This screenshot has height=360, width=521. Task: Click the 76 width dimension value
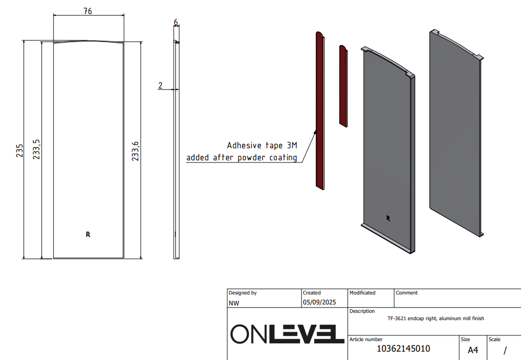pos(88,11)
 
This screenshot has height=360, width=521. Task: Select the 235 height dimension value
pos(19,150)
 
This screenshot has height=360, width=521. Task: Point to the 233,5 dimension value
pos(36,149)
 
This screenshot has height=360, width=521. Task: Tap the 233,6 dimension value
pos(135,151)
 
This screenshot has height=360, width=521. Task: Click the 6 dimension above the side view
pos(176,23)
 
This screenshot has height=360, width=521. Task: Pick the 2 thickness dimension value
pos(160,85)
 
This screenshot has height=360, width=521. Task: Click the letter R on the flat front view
pos(88,234)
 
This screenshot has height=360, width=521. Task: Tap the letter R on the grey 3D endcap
pos(388,218)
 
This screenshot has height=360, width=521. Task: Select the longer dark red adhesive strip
pos(320,111)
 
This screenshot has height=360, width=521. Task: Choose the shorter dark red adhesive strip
pos(343,86)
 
